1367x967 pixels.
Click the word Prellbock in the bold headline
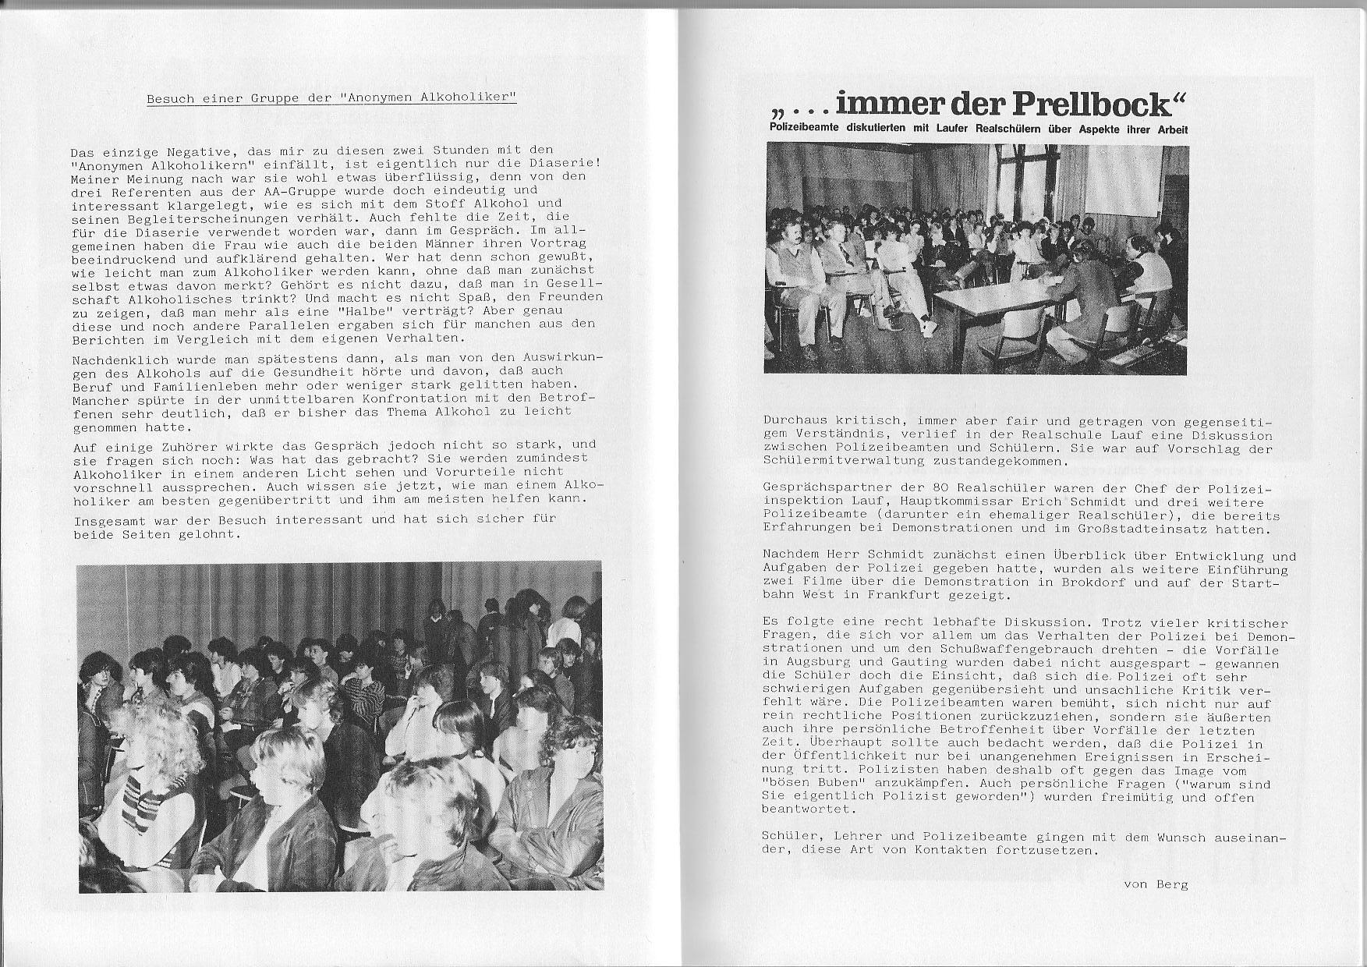click(1100, 103)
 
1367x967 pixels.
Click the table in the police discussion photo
click(998, 296)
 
